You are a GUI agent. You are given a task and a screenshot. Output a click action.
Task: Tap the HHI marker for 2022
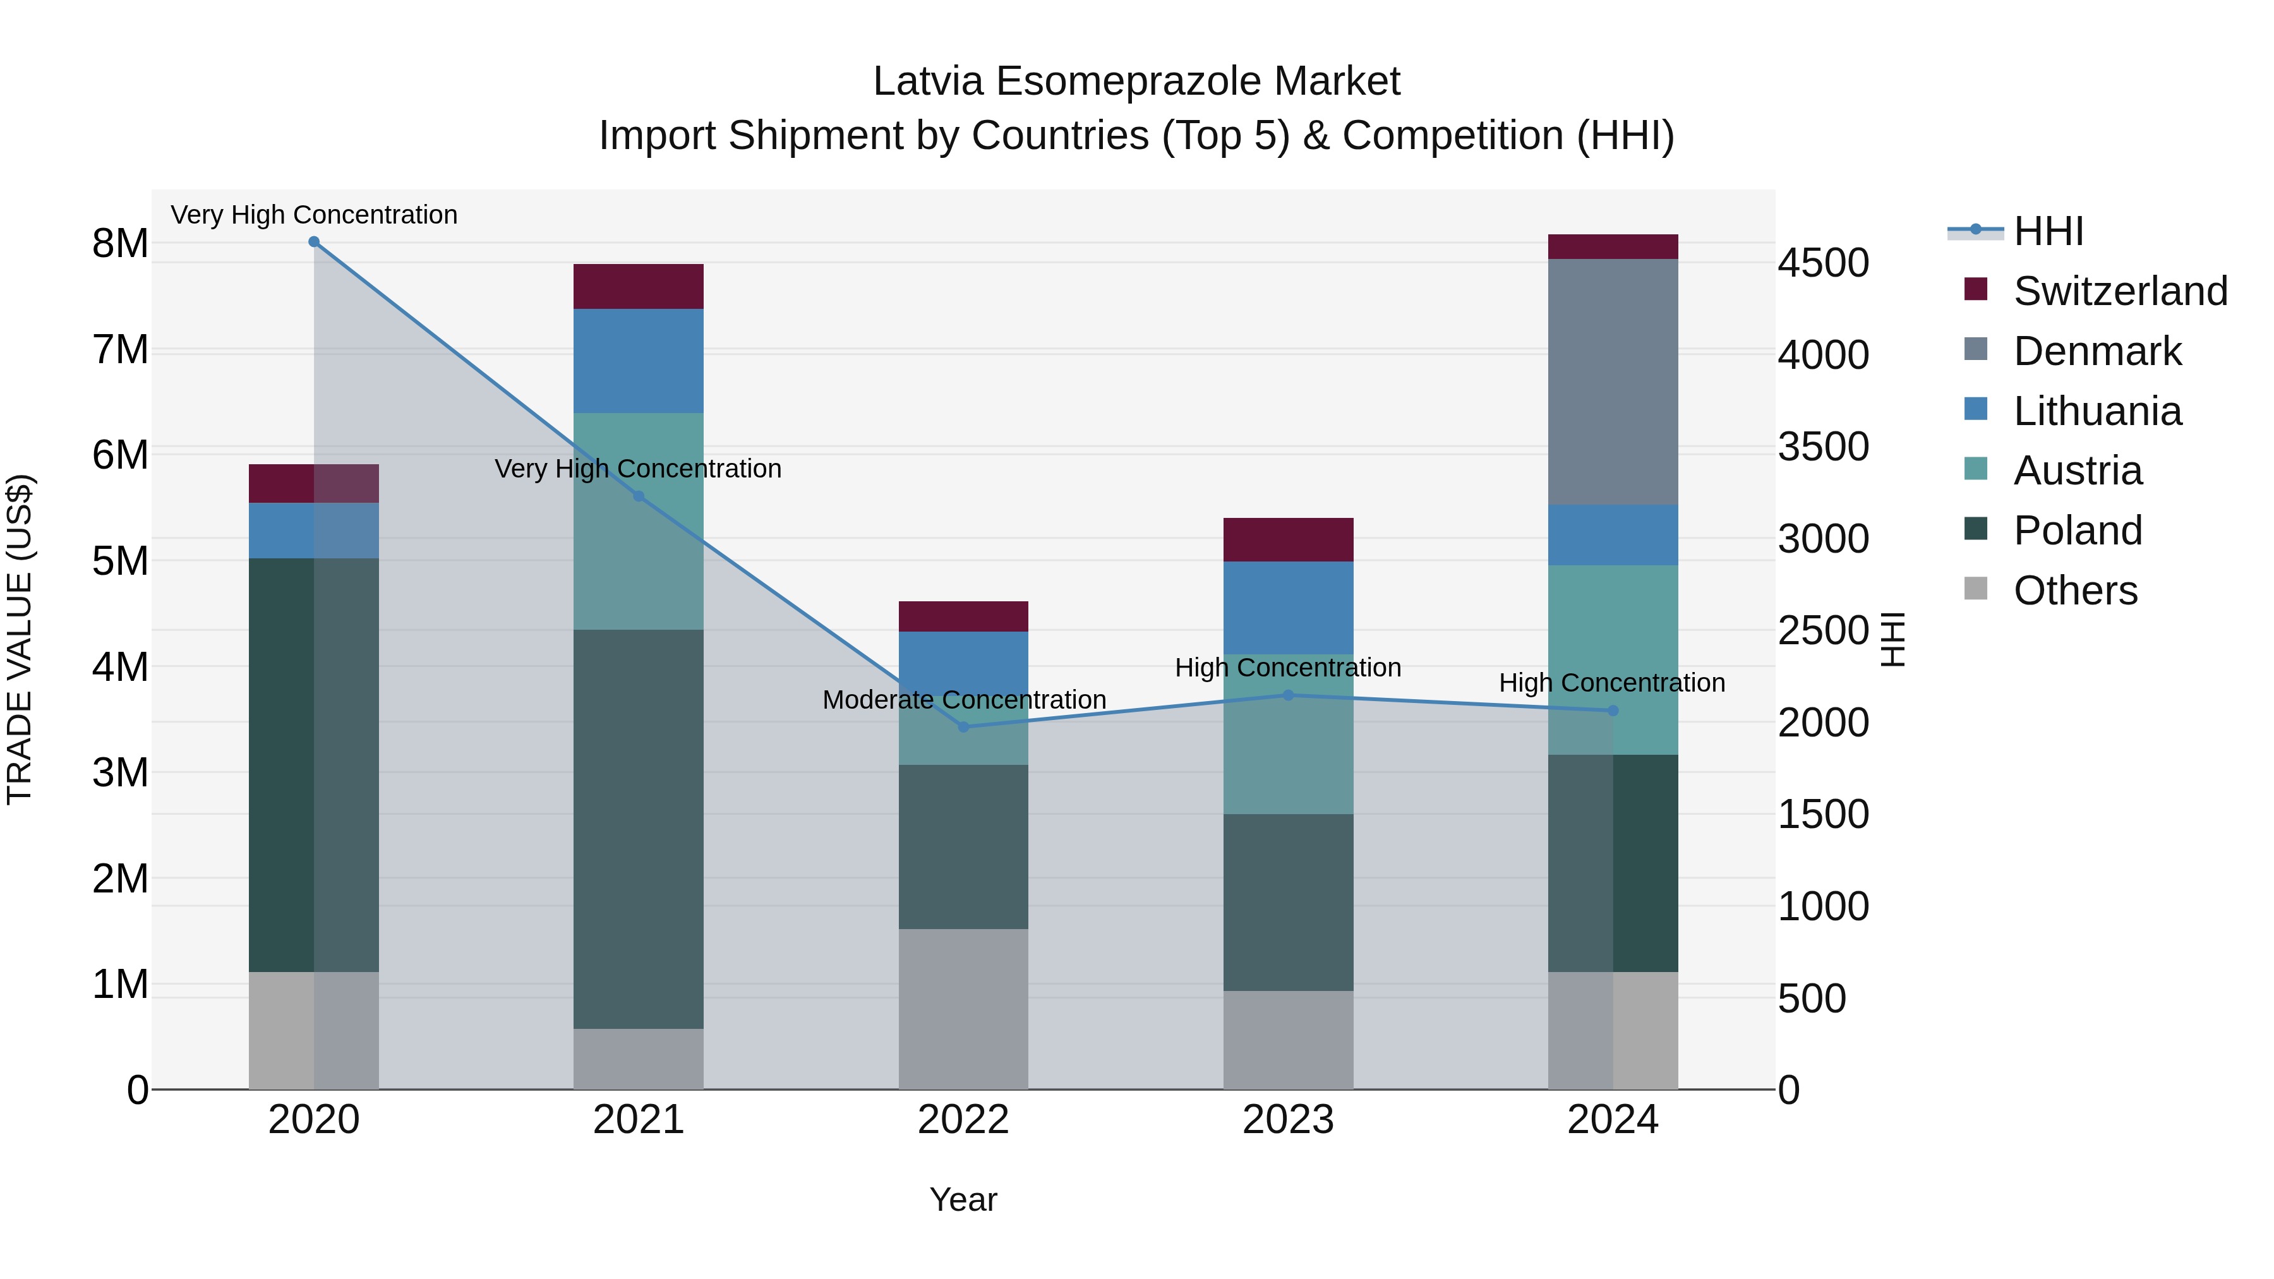pyautogui.click(x=963, y=726)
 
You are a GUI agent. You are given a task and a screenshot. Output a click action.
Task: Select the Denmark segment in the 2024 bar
pyautogui.click(x=1613, y=381)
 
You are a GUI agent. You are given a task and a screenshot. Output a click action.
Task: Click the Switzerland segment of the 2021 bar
pyautogui.click(x=638, y=286)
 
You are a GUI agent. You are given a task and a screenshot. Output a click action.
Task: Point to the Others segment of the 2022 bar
pyautogui.click(x=963, y=1008)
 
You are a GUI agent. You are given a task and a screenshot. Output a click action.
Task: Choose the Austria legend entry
pyautogui.click(x=2077, y=471)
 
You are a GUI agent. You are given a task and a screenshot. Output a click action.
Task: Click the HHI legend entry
pyautogui.click(x=2048, y=231)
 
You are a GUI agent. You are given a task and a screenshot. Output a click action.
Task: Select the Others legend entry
pyautogui.click(x=2074, y=591)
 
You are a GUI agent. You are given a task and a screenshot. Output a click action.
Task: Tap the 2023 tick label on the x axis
pyautogui.click(x=1288, y=1120)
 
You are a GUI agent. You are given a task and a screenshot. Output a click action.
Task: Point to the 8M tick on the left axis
pyautogui.click(x=120, y=244)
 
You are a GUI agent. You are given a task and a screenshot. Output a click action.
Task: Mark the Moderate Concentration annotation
pyautogui.click(x=963, y=699)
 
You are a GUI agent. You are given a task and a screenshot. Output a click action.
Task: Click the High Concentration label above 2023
pyautogui.click(x=1287, y=668)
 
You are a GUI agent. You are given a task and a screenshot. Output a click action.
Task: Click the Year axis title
pyautogui.click(x=963, y=1199)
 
